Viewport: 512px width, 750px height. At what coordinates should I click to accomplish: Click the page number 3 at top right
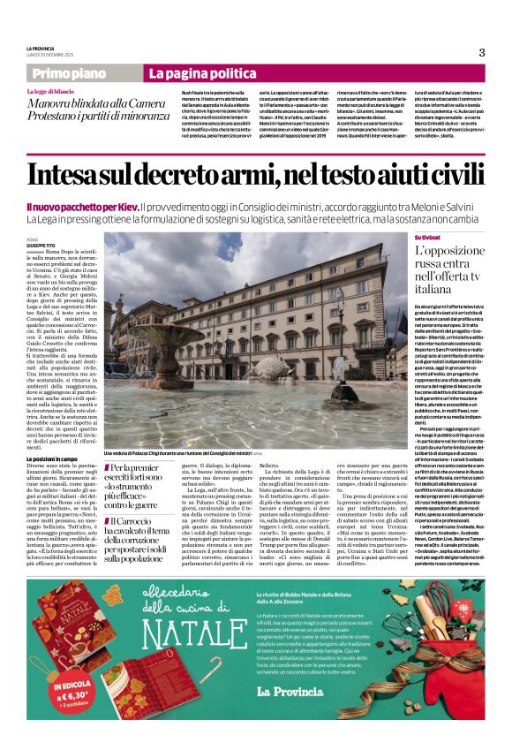(x=481, y=52)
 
